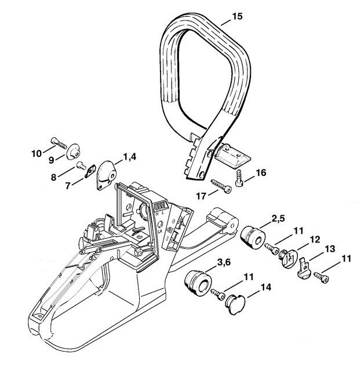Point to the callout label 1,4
129,157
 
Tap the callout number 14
265,286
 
